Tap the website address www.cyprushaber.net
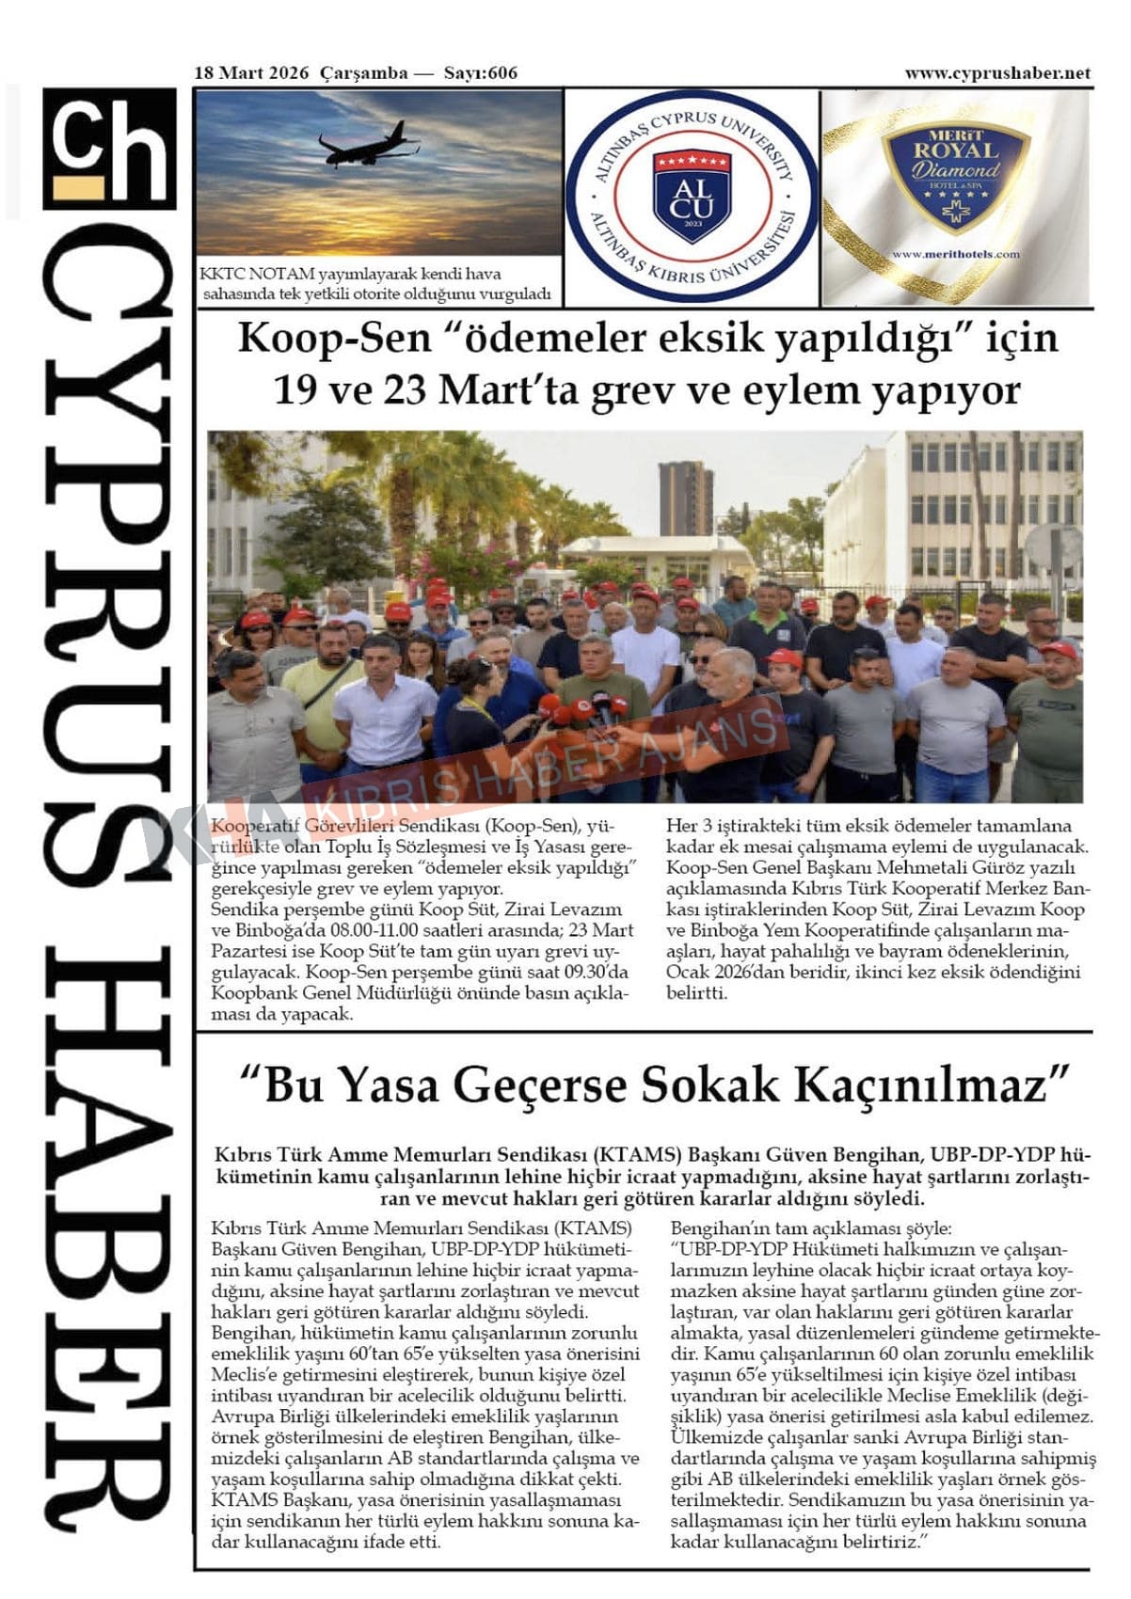pos(997,72)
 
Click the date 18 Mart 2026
pos(251,72)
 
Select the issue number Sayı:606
pos(480,72)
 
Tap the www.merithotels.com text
pos(955,254)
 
